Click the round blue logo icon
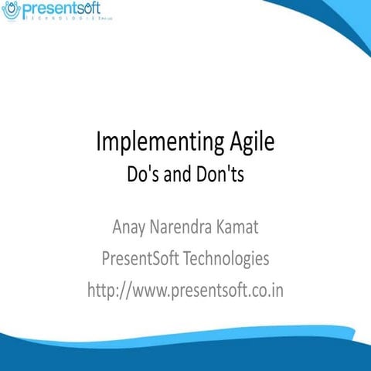pyautogui.click(x=11, y=11)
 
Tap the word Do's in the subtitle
pyautogui.click(x=141, y=175)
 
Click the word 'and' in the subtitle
pyautogui.click(x=175, y=175)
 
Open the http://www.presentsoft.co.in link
pyautogui.click(x=185, y=291)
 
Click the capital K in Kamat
pyautogui.click(x=219, y=228)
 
